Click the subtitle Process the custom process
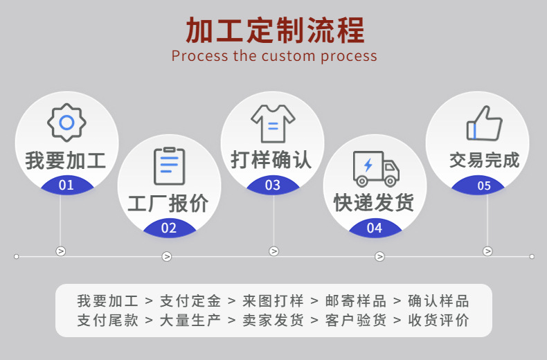point(274,56)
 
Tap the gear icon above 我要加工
point(66,123)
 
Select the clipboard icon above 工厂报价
point(169,166)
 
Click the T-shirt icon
point(273,124)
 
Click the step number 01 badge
point(66,185)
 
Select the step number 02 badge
point(169,228)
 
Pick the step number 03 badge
point(273,185)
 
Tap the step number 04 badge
point(375,228)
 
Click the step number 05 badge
point(484,186)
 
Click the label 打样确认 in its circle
point(271,161)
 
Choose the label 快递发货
point(374,203)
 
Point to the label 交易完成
point(484,161)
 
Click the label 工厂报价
point(168,204)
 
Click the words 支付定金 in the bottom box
point(190,301)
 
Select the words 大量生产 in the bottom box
point(190,321)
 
